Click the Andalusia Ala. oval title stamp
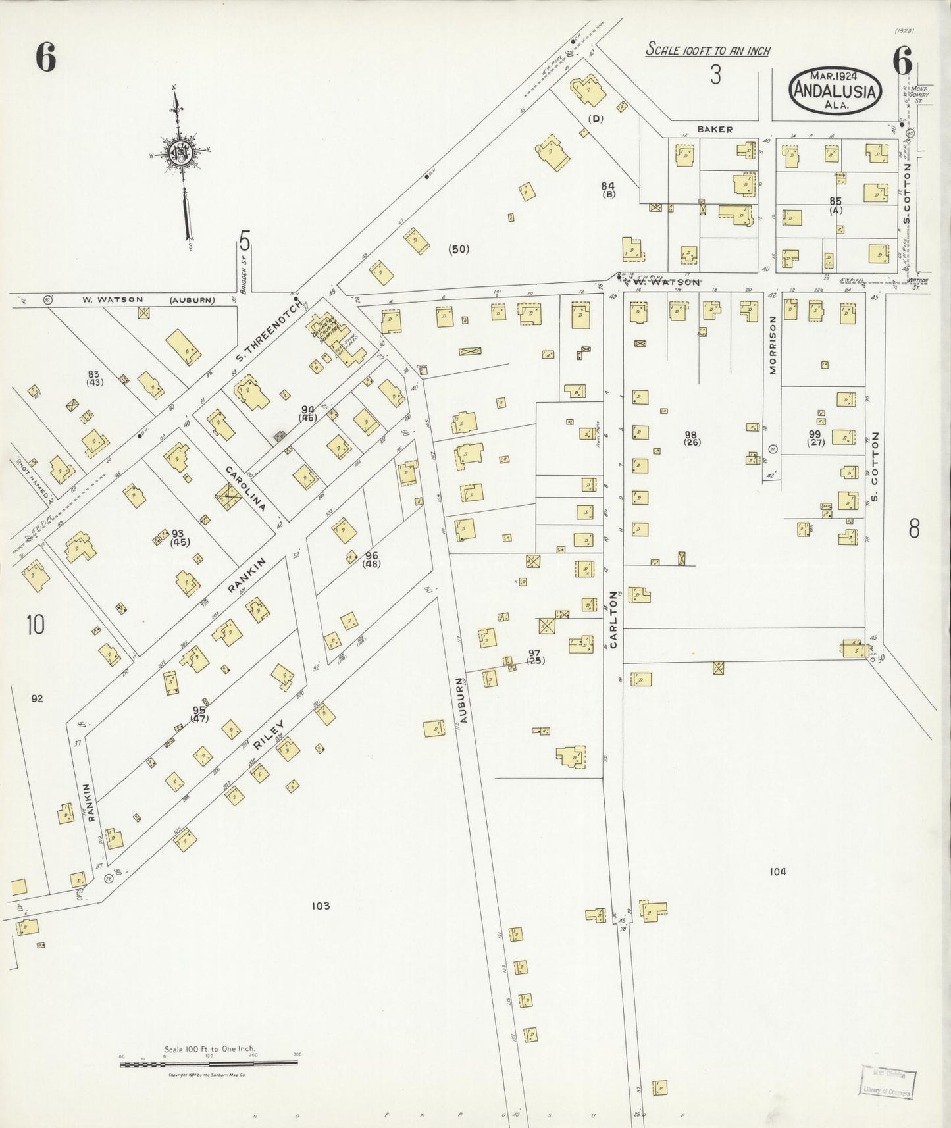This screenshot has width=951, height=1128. click(835, 90)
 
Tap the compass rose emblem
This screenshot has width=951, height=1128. click(180, 153)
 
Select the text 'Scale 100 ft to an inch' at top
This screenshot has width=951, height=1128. click(707, 49)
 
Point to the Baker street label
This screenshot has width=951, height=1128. click(715, 130)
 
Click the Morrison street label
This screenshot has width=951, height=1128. click(773, 346)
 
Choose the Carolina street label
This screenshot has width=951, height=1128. click(245, 489)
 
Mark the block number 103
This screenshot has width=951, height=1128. click(321, 906)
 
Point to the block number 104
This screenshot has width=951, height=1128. click(778, 872)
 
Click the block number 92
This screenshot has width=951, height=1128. click(37, 698)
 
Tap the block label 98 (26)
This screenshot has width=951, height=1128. click(692, 438)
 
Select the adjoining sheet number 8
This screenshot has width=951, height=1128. click(913, 528)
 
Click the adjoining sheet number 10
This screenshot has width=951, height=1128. click(36, 625)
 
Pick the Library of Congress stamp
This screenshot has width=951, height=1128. click(888, 1082)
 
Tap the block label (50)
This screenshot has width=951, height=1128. click(458, 249)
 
